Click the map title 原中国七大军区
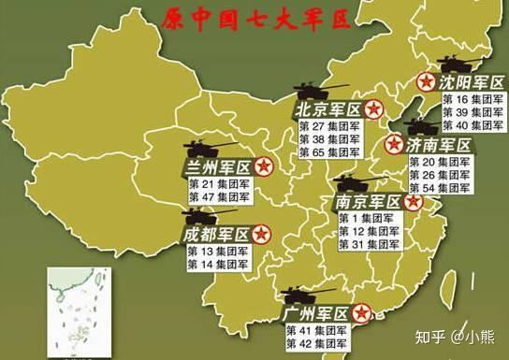(x=254, y=20)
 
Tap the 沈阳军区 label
(x=467, y=82)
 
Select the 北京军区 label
(x=327, y=109)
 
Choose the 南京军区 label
(x=369, y=201)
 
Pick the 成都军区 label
(x=217, y=233)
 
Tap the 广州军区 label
(x=317, y=312)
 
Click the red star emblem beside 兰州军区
(x=265, y=167)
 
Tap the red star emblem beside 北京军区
(x=373, y=109)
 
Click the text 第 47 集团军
(x=221, y=198)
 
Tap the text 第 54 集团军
(x=441, y=188)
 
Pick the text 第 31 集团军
(x=369, y=245)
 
